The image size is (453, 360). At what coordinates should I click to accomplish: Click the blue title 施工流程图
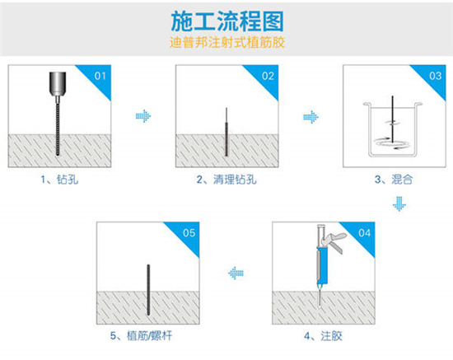(227, 21)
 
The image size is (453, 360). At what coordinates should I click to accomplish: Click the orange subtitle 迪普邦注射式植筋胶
(227, 43)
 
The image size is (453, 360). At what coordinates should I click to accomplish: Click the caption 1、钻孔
(59, 180)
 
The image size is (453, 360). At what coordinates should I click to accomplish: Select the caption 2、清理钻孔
(226, 180)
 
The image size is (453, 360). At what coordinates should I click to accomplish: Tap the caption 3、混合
(394, 180)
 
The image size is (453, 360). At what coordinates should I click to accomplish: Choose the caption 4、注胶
(324, 336)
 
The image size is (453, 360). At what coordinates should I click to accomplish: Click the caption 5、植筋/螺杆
(141, 336)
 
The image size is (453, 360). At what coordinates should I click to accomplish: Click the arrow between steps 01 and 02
(143, 116)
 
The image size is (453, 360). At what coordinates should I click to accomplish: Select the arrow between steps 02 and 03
(311, 117)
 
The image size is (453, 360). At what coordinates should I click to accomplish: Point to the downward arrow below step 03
(399, 204)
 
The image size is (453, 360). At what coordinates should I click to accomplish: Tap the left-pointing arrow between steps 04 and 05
(236, 273)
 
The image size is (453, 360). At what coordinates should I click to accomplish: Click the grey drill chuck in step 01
(58, 84)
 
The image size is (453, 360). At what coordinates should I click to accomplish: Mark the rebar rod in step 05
(148, 290)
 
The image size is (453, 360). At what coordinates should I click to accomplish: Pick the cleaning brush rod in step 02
(226, 132)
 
